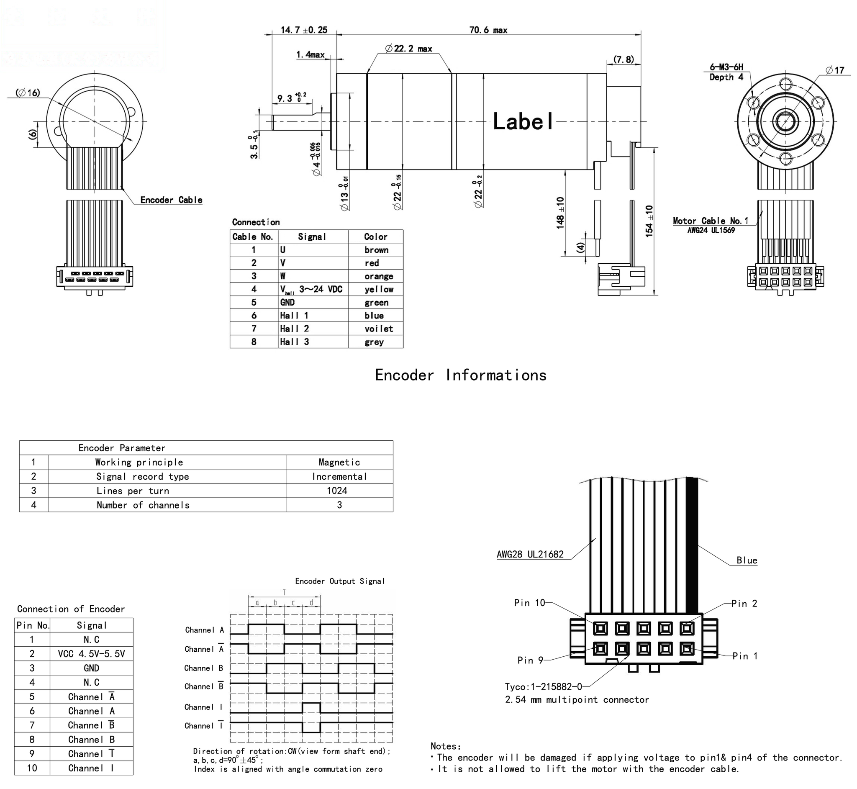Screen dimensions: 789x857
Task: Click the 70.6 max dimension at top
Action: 488,30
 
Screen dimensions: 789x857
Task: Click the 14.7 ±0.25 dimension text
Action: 304,30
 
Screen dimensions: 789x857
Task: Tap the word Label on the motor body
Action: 523,121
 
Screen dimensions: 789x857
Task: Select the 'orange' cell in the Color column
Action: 379,276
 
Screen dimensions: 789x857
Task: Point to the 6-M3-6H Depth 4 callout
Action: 726,72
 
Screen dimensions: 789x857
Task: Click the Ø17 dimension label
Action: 834,70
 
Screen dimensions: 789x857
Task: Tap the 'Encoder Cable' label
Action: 171,200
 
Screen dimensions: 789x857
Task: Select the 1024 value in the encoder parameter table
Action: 337,491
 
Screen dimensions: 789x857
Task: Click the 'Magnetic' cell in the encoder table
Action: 339,462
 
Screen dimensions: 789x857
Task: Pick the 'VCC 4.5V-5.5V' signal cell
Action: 91,654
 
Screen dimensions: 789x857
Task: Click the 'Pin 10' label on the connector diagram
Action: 529,602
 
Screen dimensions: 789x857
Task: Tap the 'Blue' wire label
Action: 747,560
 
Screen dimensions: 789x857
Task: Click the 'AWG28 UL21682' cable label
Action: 530,554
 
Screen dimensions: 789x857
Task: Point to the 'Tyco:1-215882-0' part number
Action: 543,686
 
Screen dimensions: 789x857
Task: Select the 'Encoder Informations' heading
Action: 460,375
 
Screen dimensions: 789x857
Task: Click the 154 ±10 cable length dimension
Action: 649,221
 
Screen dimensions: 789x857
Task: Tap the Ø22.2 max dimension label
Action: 408,49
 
